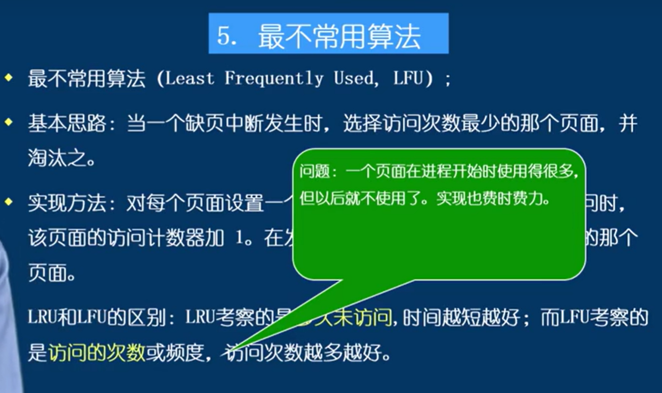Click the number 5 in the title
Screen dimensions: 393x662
225,36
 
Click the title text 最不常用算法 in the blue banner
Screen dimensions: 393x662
339,36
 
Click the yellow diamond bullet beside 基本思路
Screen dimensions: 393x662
8,121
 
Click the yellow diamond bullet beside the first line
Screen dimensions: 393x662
8,78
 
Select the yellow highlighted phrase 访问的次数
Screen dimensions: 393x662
97,353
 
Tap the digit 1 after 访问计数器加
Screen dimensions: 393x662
240,239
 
